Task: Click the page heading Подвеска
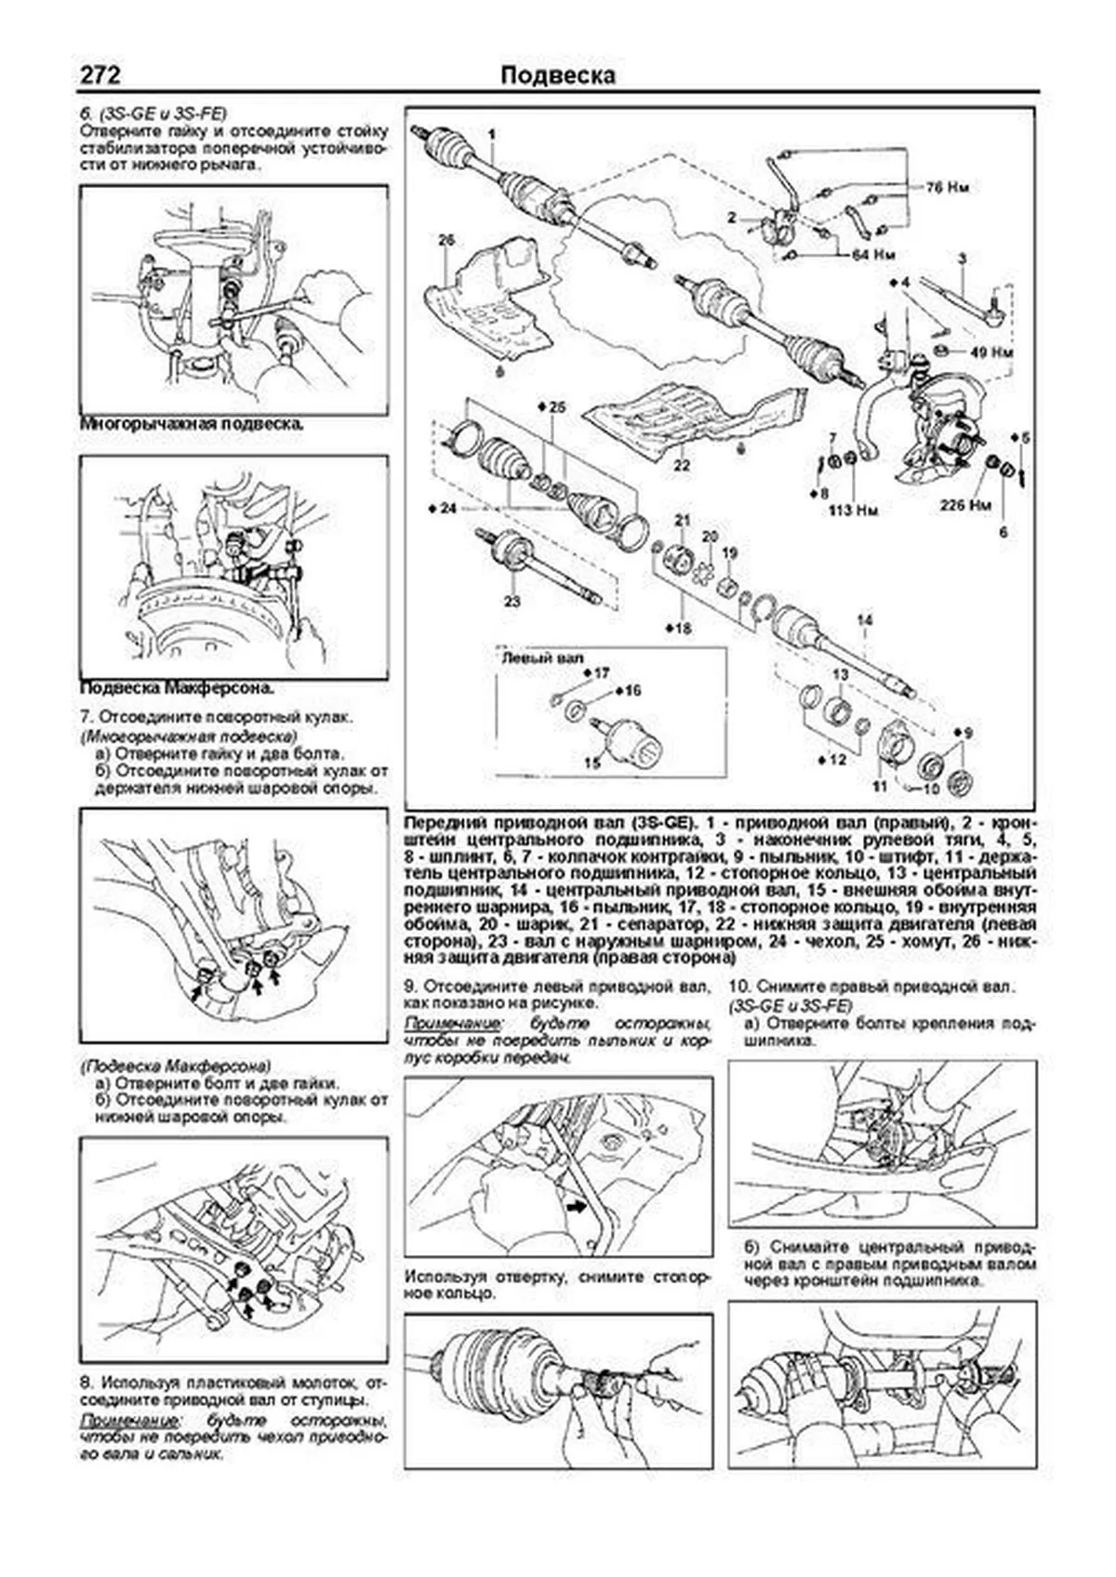(x=557, y=75)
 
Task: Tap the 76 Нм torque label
(x=946, y=187)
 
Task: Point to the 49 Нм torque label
(x=990, y=352)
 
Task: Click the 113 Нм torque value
(x=854, y=510)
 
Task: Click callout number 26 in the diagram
(x=446, y=240)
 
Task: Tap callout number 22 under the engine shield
(x=682, y=465)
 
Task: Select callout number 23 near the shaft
(x=511, y=602)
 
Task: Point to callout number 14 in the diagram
(x=864, y=619)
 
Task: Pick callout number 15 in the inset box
(x=591, y=762)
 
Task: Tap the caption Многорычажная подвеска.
(x=193, y=423)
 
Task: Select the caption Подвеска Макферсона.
(x=178, y=689)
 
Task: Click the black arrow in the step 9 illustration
(x=578, y=1206)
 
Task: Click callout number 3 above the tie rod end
(x=962, y=258)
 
